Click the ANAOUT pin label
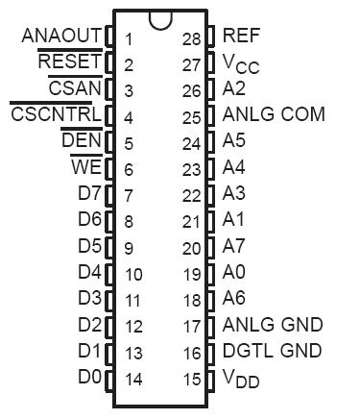[x=61, y=37]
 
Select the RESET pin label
[x=69, y=63]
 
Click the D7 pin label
[x=89, y=193]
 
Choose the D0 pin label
[x=89, y=377]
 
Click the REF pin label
[x=240, y=37]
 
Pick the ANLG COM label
[x=273, y=115]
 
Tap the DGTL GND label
[x=272, y=351]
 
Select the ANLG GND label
[x=273, y=325]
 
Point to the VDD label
[x=241, y=379]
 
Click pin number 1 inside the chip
[x=129, y=40]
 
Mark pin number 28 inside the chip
[x=190, y=39]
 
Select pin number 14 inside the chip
[x=133, y=380]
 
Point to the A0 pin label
[x=233, y=272]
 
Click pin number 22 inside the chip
[x=190, y=196]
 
